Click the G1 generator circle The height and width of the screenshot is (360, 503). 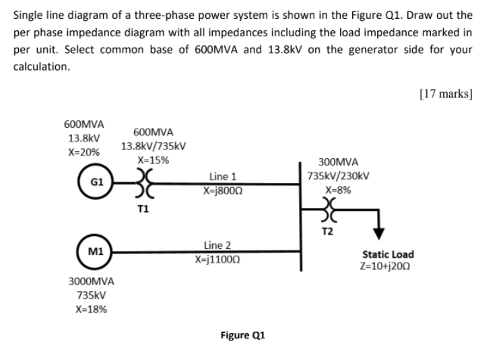[97, 182]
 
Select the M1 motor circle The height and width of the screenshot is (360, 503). [96, 252]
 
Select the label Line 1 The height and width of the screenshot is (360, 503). [223, 176]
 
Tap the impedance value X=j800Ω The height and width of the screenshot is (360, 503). [223, 190]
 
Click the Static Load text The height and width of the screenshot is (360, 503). [388, 254]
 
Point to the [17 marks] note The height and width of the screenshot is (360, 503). [446, 94]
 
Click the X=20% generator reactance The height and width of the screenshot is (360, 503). [83, 153]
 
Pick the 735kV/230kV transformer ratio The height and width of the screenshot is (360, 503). [337, 176]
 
